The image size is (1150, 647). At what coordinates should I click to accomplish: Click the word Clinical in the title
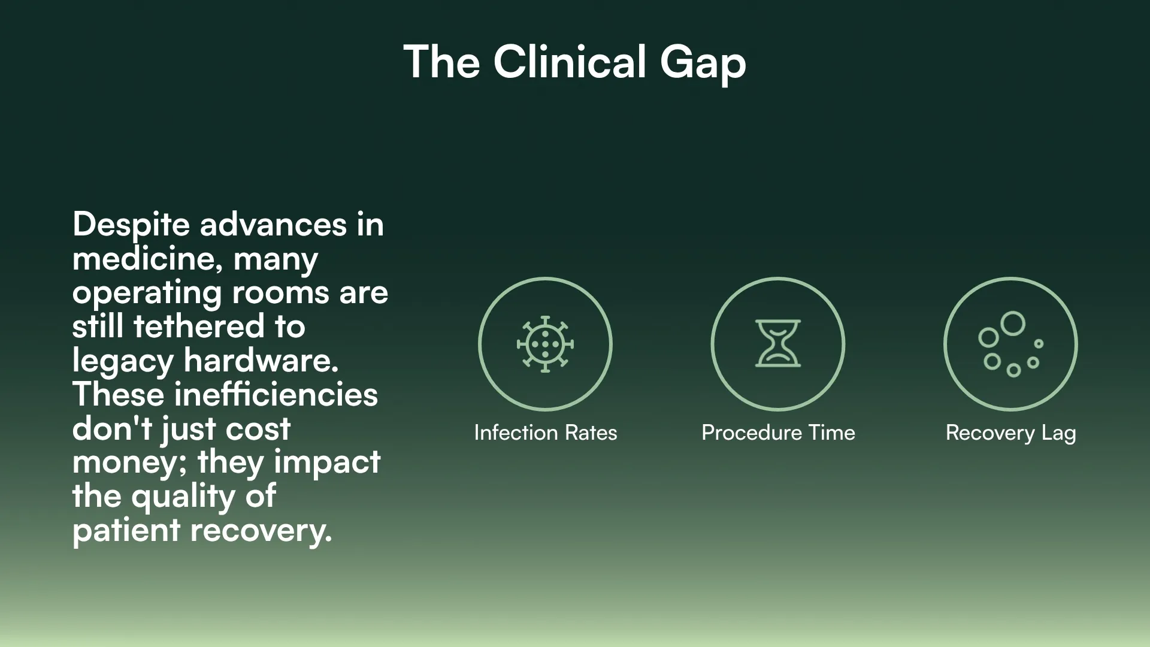point(570,62)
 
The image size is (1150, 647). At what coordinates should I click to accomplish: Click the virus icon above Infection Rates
point(545,344)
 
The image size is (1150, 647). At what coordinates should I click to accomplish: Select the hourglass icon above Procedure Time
point(777,344)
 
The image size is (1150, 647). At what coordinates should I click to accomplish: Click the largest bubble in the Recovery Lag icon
point(1013,323)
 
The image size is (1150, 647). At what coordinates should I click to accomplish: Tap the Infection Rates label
point(545,433)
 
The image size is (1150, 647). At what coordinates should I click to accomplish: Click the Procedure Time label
point(778,433)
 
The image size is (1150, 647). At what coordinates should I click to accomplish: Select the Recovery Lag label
point(1010,433)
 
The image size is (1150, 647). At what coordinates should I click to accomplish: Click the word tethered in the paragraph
point(198,326)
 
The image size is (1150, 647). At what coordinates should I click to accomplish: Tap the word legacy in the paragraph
point(122,361)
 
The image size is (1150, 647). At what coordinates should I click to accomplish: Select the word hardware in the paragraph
point(261,361)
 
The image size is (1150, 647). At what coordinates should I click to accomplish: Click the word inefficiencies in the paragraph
point(276,395)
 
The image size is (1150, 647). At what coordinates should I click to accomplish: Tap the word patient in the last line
point(126,531)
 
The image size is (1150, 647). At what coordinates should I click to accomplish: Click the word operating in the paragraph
point(147,294)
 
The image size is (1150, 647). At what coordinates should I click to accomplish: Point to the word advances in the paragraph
point(273,225)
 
